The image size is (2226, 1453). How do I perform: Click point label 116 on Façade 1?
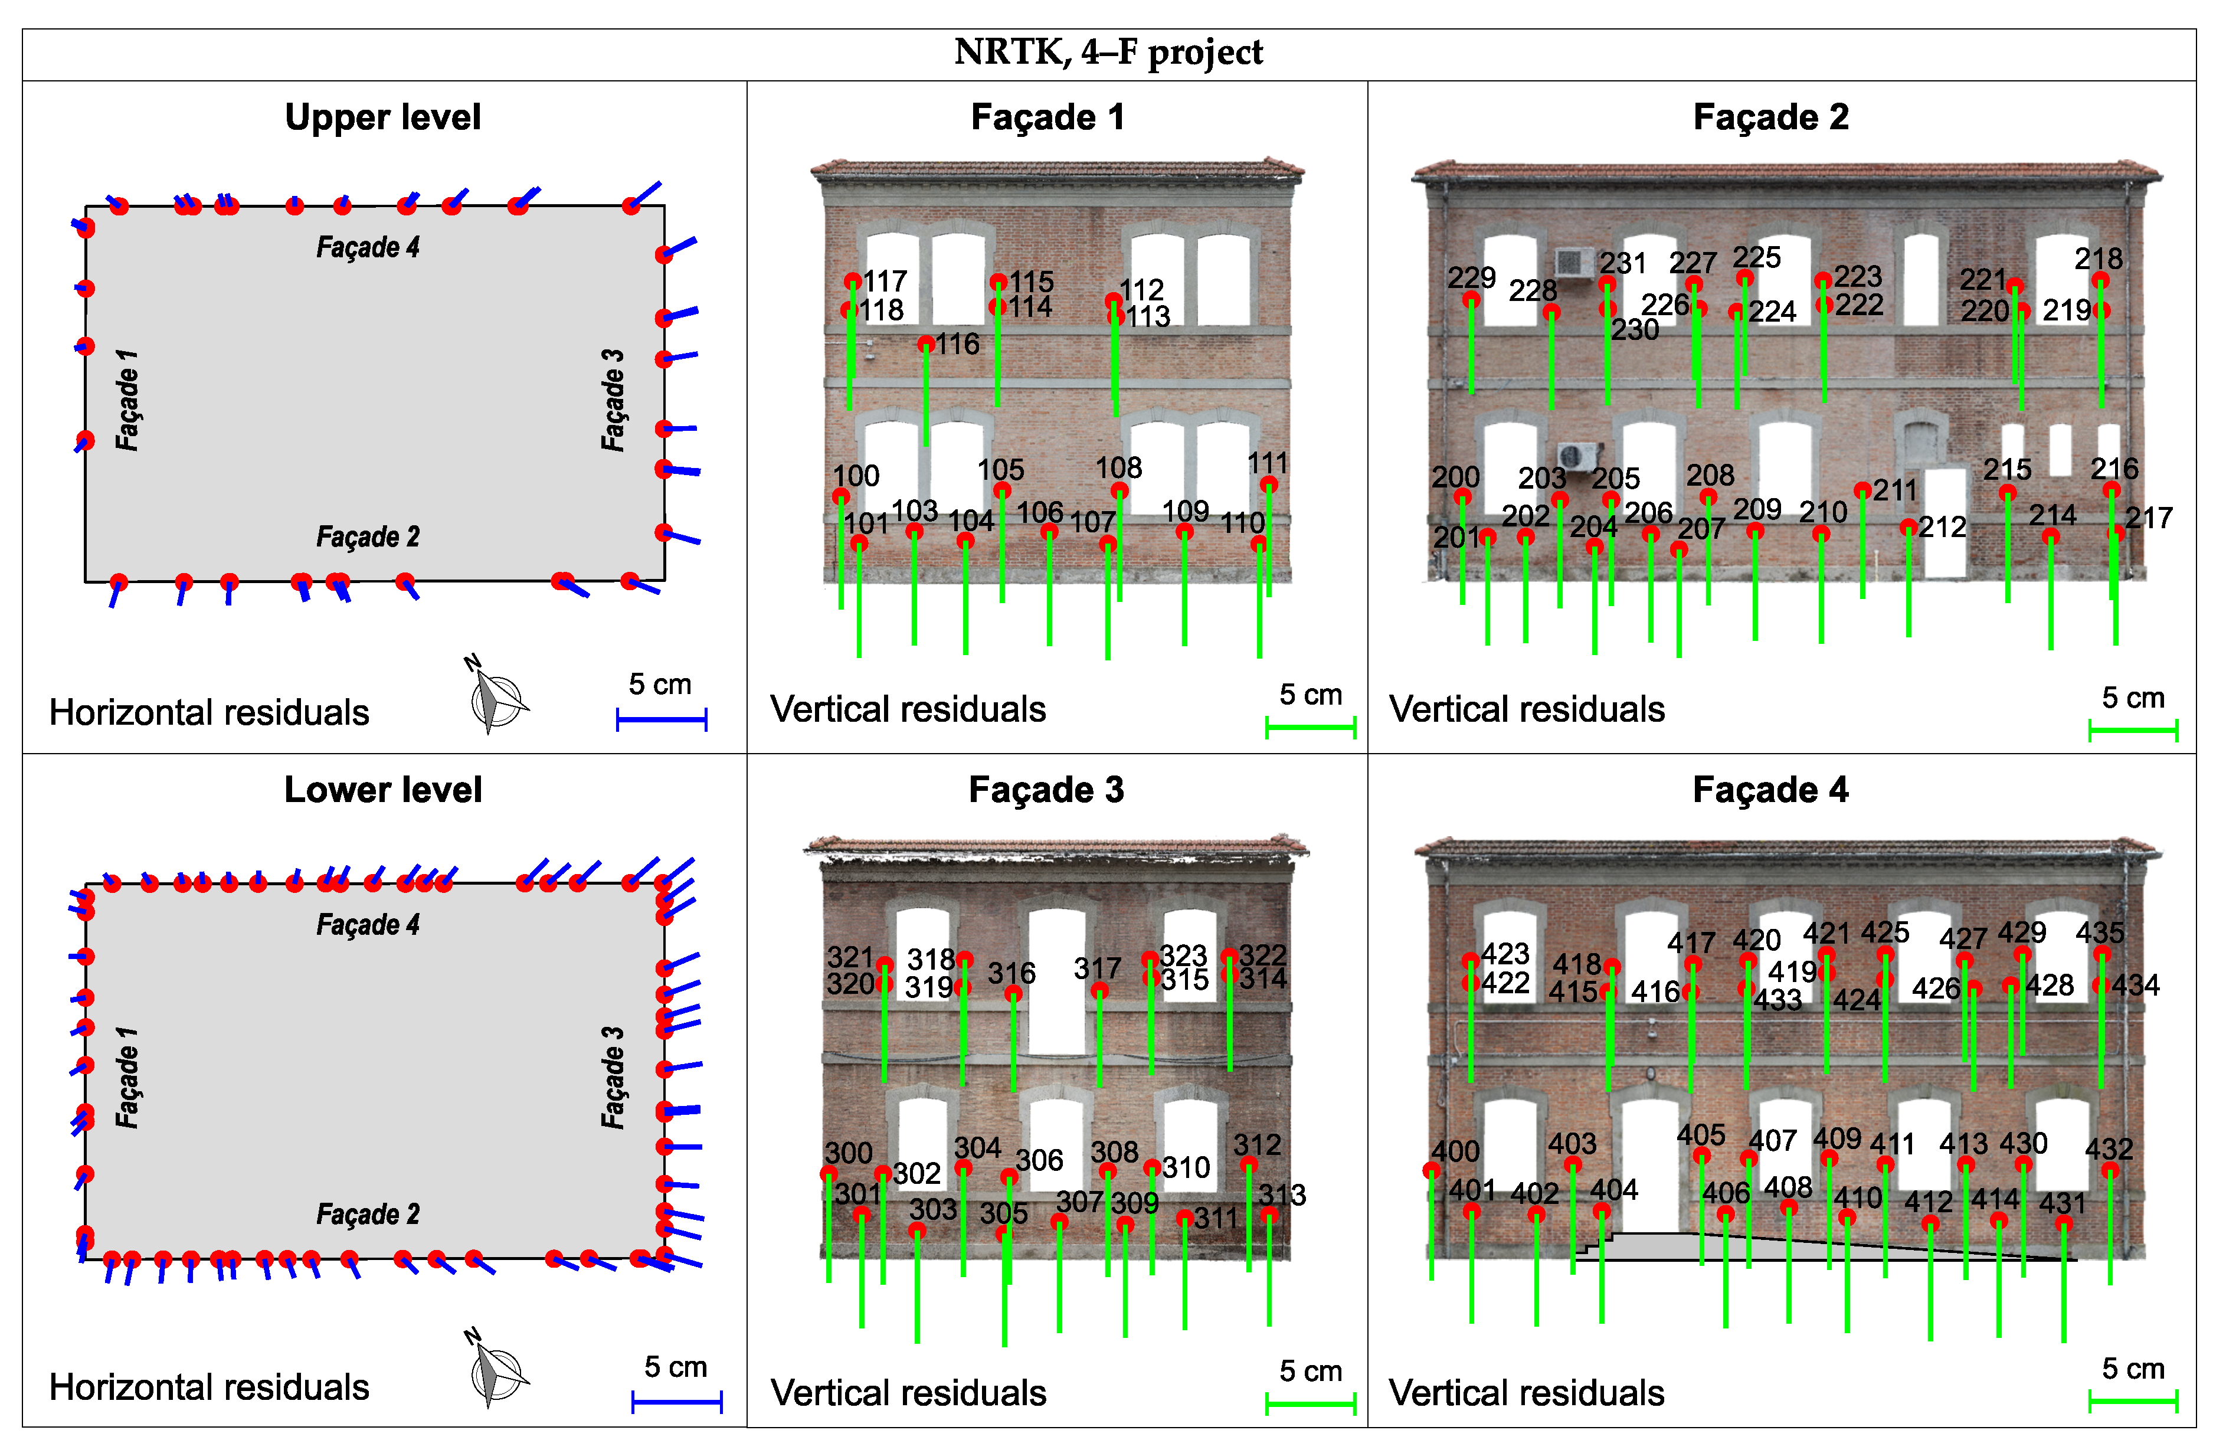tap(958, 344)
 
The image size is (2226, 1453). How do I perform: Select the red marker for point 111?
tap(1268, 485)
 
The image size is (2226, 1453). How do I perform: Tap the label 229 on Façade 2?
tap(1471, 278)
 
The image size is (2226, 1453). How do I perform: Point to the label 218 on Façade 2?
tap(2098, 258)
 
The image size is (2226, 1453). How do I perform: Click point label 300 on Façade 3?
tap(848, 1153)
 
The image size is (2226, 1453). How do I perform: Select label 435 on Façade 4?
tap(2100, 933)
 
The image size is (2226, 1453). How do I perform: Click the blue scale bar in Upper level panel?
tap(662, 719)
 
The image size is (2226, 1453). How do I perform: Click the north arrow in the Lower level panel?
tap(496, 1370)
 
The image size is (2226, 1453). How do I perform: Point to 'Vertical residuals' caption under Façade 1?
tap(907, 709)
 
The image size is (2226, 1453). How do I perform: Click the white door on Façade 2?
tap(1946, 524)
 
